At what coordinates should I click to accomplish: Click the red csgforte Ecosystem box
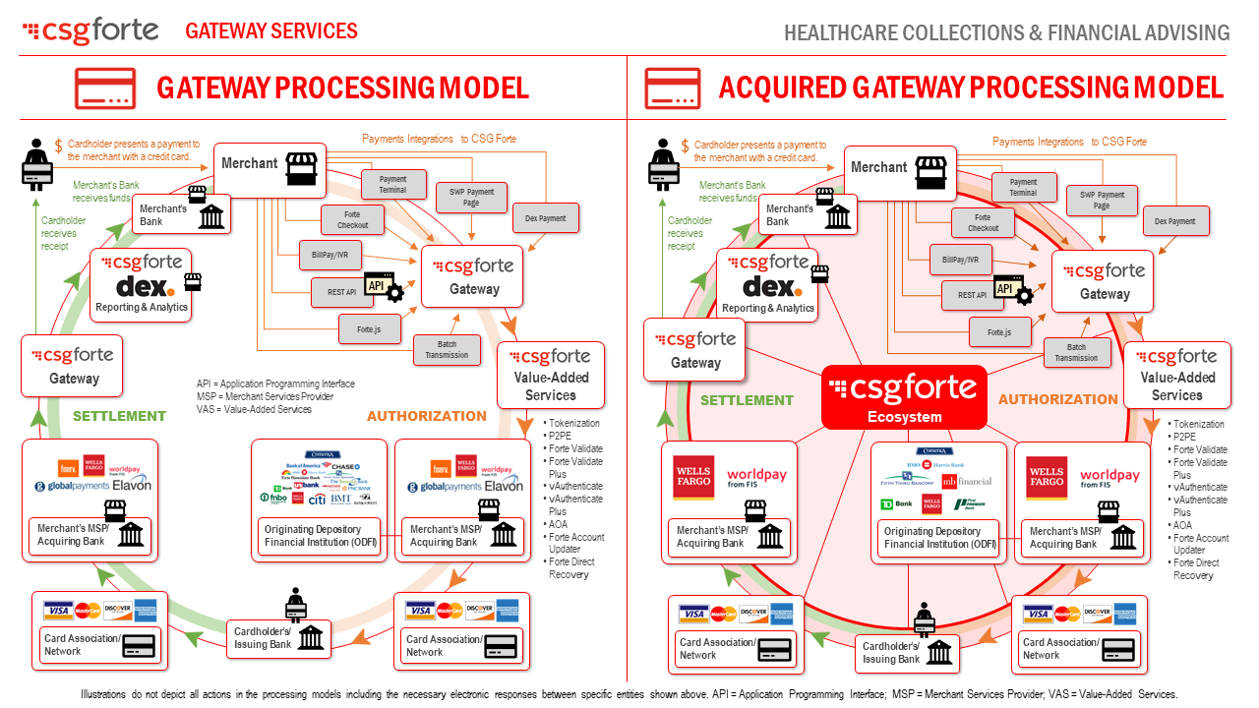tap(903, 397)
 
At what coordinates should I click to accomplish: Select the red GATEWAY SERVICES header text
tap(271, 31)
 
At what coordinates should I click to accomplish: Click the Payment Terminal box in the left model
tap(392, 185)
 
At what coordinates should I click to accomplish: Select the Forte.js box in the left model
tap(369, 329)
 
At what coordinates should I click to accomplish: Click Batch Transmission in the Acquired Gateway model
tap(1076, 352)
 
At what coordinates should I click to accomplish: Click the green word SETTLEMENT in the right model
tap(747, 400)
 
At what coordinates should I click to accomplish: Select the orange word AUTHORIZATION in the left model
tap(426, 416)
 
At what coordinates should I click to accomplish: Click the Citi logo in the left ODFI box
tap(317, 500)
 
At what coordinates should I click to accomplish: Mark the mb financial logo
tap(967, 481)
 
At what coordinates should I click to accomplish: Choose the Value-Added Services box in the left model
tap(551, 375)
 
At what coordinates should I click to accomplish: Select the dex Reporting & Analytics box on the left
tap(143, 285)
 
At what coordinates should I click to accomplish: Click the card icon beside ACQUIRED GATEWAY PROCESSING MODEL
tap(673, 88)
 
